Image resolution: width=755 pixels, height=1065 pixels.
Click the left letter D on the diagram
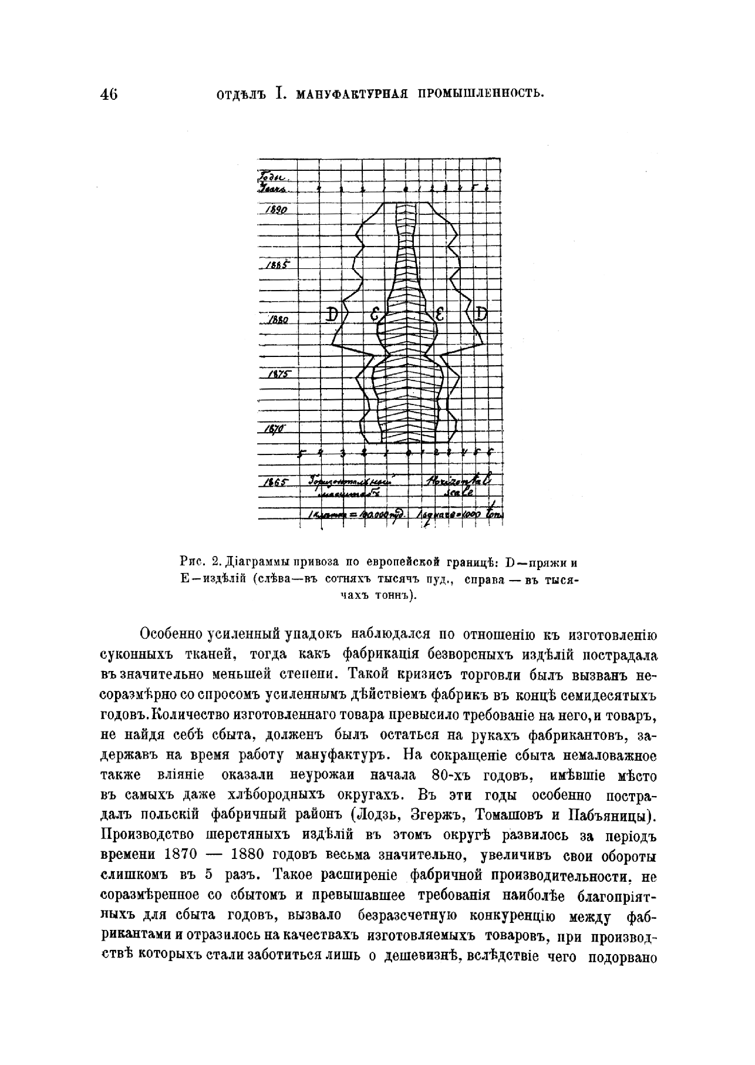[332, 314]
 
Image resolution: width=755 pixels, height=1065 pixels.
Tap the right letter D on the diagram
[481, 314]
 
